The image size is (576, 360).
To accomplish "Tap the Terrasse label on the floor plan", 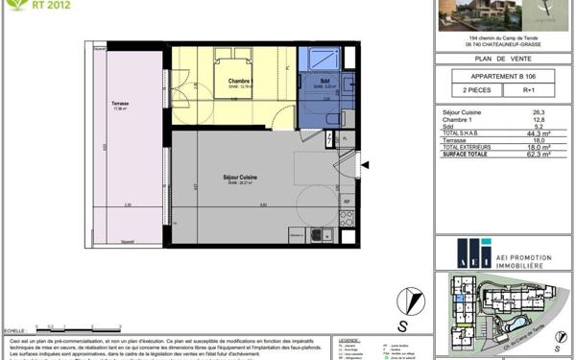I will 120,104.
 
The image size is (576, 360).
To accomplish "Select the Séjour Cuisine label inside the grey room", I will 215,177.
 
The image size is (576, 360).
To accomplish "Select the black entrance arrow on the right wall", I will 364,165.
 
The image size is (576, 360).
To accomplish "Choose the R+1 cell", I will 529,89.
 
